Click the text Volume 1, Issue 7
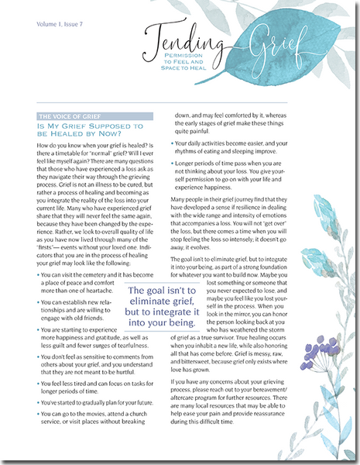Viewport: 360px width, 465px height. pos(60,26)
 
